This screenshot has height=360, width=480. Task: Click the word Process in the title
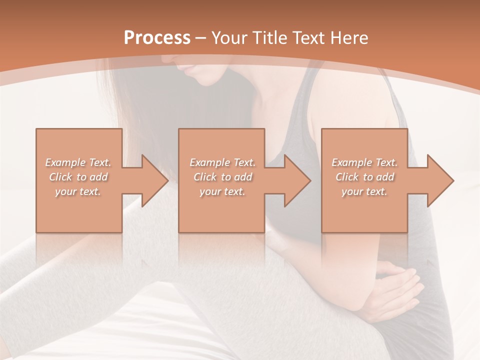point(157,38)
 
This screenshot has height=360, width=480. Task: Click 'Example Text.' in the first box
point(78,162)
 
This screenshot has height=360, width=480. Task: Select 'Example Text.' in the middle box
point(222,162)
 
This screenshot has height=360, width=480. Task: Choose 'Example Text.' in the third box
point(364,162)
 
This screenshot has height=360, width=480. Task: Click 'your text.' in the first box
point(78,191)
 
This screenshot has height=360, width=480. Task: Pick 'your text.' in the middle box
point(222,191)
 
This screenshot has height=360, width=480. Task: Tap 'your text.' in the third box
point(364,191)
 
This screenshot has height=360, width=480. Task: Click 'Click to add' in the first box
point(78,177)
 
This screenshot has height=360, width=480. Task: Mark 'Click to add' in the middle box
point(222,177)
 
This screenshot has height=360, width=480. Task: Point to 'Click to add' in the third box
point(364,177)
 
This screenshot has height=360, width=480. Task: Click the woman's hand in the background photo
point(400,285)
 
